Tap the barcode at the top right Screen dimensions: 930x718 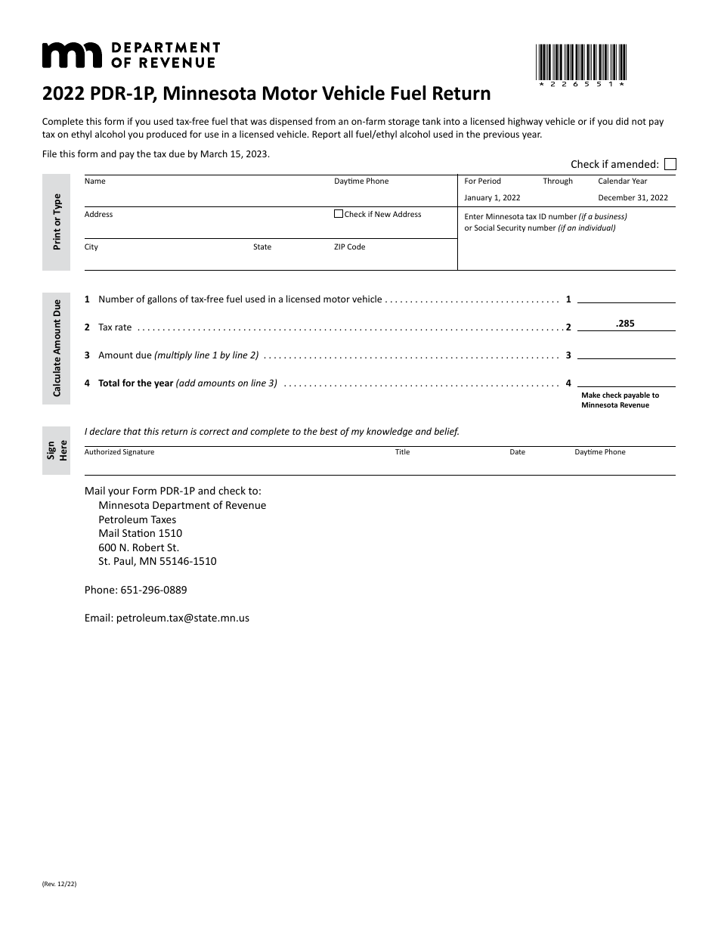coord(580,64)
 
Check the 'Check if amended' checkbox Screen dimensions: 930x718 coord(670,164)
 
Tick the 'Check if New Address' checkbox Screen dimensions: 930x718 coord(339,214)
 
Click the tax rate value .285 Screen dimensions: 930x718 coord(625,324)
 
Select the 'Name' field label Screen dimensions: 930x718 coord(95,181)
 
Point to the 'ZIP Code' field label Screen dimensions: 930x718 coord(349,247)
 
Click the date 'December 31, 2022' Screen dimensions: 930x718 coord(633,198)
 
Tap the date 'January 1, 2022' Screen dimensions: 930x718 coord(492,198)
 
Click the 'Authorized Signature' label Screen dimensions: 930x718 coord(119,452)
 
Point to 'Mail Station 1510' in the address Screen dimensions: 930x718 coord(140,533)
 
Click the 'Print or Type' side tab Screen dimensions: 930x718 coord(57,222)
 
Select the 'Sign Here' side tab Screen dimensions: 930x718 coord(57,451)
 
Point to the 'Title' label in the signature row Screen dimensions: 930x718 coord(402,452)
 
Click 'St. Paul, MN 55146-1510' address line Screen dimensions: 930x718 coord(157,561)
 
